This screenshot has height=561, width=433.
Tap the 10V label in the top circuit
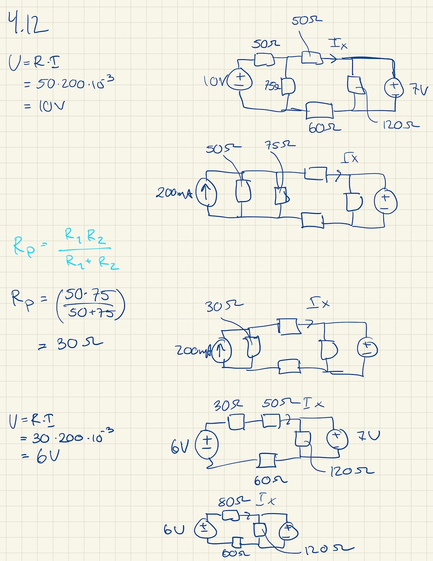point(214,81)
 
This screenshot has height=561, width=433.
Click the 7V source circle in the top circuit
point(394,87)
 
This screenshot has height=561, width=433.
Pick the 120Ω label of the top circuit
point(400,124)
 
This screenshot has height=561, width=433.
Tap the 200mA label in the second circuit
point(174,192)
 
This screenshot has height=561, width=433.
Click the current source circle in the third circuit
point(221,350)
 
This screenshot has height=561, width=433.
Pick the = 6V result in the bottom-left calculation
point(41,457)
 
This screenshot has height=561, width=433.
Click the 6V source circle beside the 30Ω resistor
point(207,444)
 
